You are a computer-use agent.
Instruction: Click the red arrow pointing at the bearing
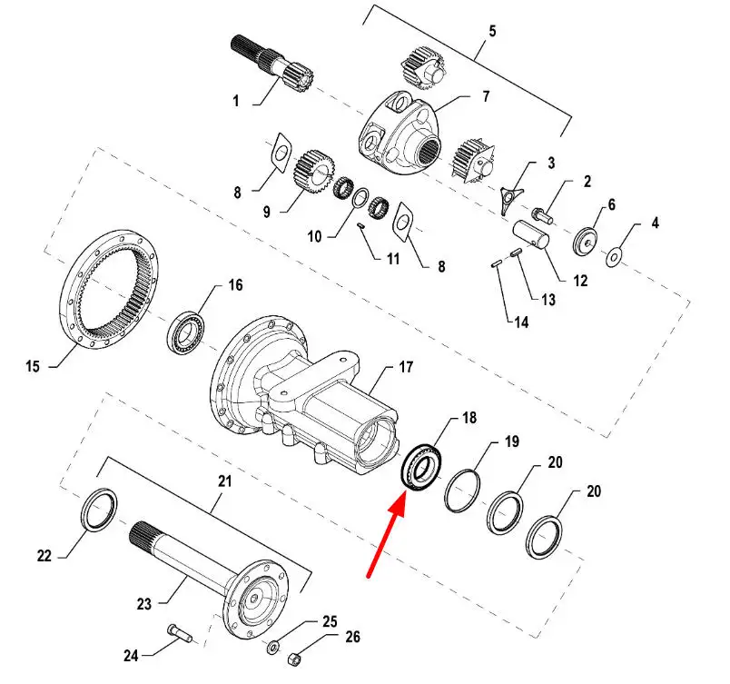coord(386,537)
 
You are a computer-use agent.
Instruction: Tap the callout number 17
coord(406,367)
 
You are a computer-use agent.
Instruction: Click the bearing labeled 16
coord(186,332)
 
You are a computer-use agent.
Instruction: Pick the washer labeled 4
coord(614,256)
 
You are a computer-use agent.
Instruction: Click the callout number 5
coord(492,31)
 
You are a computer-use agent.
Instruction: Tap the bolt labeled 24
coord(179,633)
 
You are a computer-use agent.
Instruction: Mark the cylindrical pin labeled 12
coord(531,234)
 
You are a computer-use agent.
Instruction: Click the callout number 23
coord(144,604)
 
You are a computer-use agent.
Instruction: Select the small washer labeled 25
coord(273,647)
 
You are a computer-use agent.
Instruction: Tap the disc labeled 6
coord(586,242)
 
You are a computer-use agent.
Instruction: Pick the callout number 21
coord(225,481)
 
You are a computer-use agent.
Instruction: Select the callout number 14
coord(521,322)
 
